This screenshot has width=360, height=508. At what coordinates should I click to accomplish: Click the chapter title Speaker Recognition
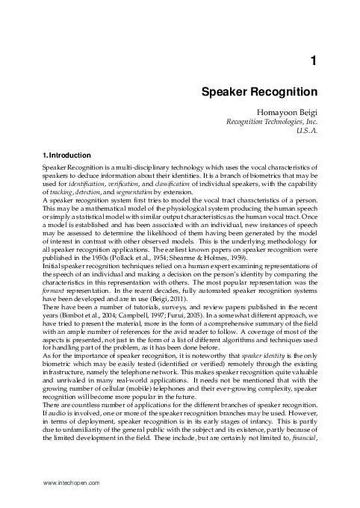pos(258,93)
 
